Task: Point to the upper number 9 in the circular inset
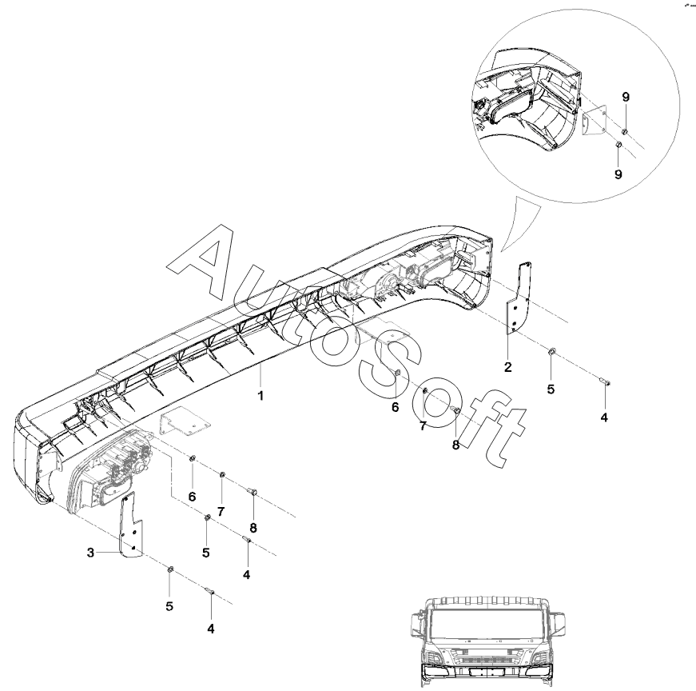tap(626, 97)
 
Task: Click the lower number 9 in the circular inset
tap(618, 173)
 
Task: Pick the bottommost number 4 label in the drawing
tap(211, 629)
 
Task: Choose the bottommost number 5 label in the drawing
tap(169, 607)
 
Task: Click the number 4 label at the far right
tap(604, 417)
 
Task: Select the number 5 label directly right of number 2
tap(551, 389)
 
